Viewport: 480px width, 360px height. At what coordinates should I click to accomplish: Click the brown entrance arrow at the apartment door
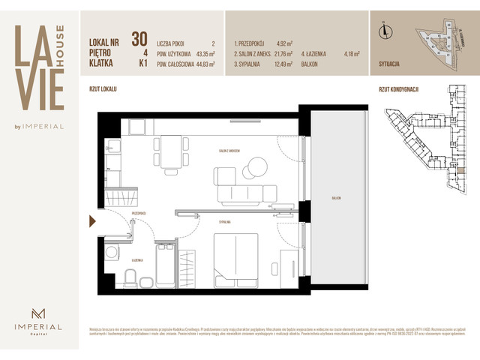92,220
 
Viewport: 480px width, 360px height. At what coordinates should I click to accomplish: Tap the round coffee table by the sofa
257,166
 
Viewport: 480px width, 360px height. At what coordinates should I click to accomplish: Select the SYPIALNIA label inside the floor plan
224,223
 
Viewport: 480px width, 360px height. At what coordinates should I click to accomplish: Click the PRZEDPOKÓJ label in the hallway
138,214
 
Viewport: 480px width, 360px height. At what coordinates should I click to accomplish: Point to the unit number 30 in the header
139,38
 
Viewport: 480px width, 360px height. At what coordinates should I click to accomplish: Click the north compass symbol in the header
385,31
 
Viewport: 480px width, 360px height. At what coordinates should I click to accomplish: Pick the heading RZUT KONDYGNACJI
398,89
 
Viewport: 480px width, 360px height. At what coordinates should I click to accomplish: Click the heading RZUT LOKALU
103,89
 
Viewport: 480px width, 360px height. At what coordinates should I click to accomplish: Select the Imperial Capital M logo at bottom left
38,314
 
